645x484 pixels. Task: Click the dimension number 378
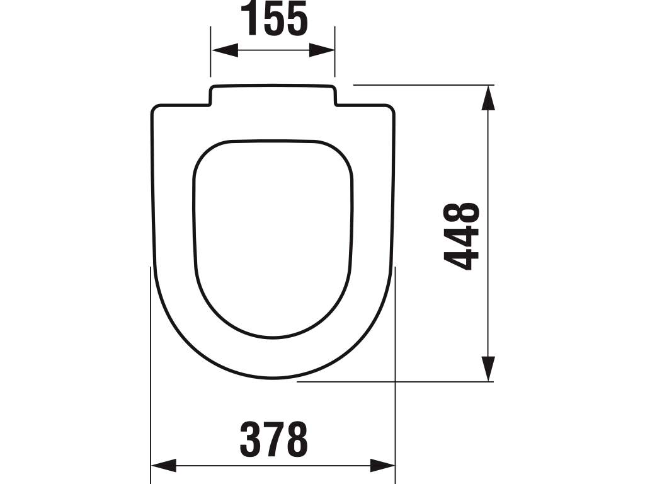[x=274, y=439]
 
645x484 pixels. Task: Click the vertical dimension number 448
[x=463, y=236]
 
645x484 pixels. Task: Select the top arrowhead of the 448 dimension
[x=488, y=98]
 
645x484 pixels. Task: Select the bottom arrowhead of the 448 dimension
[x=488, y=369]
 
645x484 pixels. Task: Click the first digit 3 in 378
[x=251, y=439]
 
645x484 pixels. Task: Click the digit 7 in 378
[x=274, y=439]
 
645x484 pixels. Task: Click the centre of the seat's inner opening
[x=273, y=236]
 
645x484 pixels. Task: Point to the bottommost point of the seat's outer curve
[x=273, y=379]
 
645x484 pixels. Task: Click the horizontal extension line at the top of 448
[x=422, y=84]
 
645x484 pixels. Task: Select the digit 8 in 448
[x=463, y=214]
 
